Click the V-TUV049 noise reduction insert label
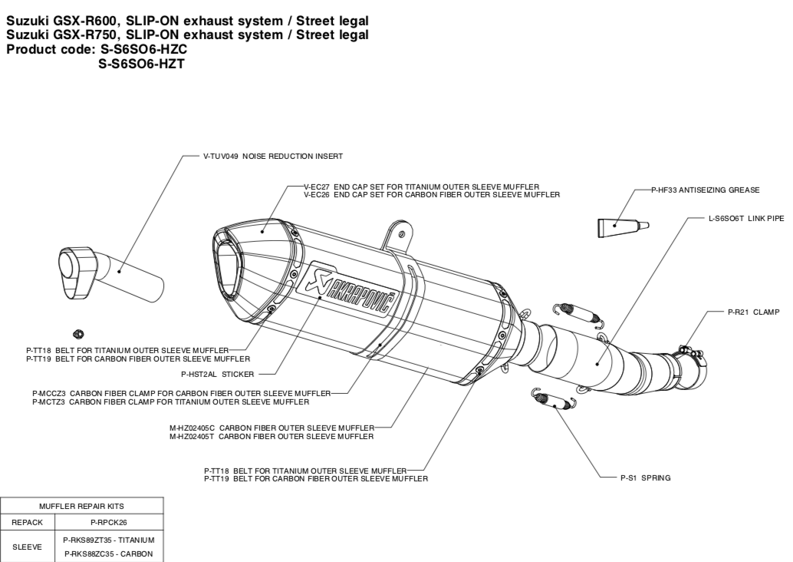point(272,156)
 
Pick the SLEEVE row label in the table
point(27,547)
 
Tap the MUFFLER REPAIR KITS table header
point(81,506)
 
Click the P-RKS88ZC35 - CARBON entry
point(108,554)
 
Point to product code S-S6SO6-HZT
point(140,64)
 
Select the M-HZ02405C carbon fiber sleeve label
point(271,428)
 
